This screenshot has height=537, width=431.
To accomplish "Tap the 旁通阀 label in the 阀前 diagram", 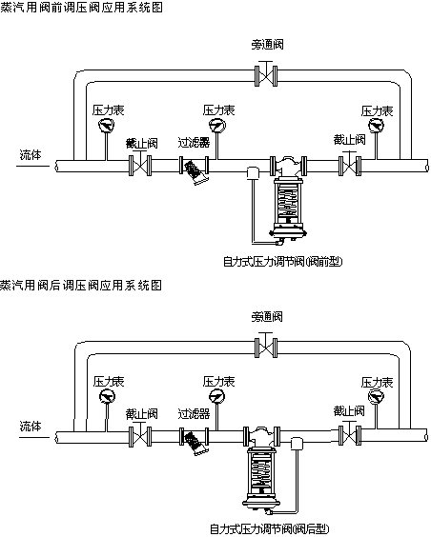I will click(266, 44).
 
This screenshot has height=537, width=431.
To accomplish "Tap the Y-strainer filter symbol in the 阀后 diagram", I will click(195, 442).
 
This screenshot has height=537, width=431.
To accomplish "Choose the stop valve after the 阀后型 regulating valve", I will click(349, 436).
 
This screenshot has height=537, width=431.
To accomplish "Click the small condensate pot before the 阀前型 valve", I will click(253, 172).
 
